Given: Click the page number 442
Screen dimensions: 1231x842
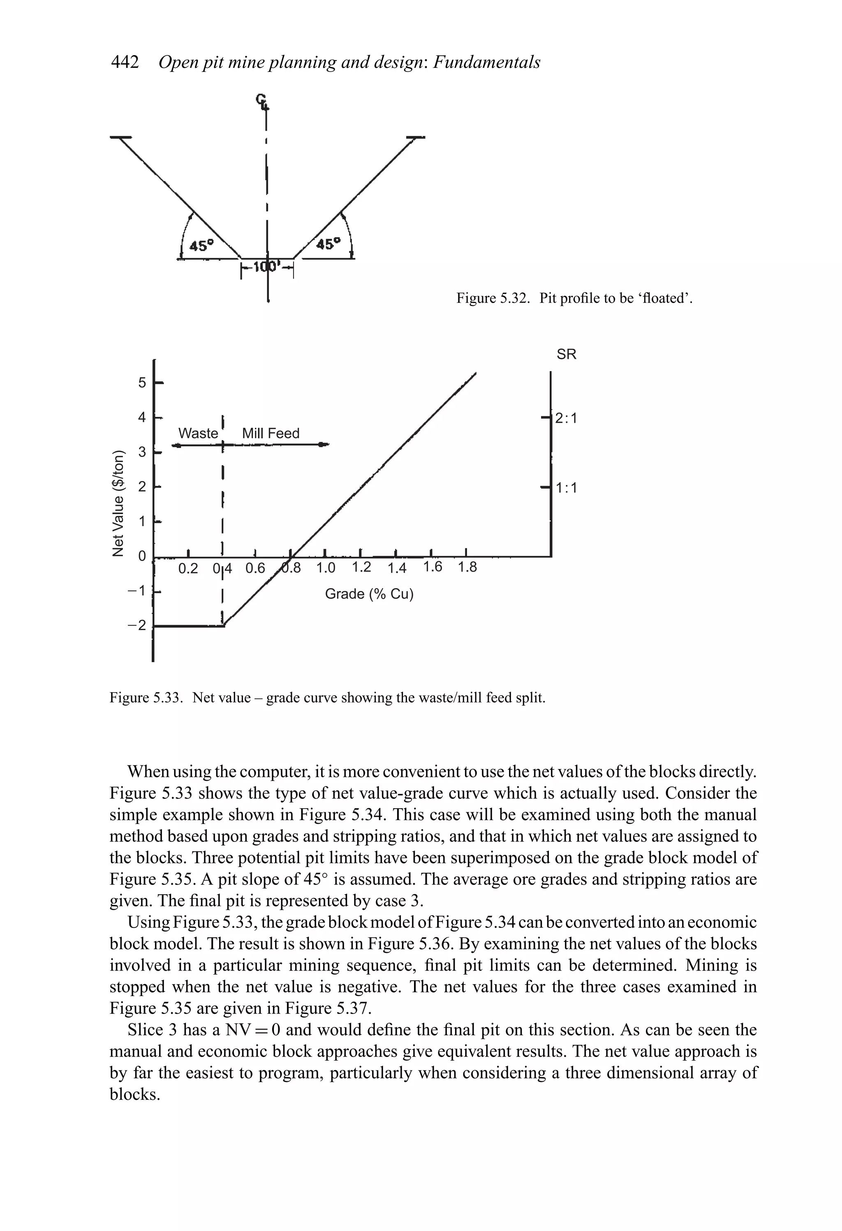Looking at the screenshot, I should coord(125,63).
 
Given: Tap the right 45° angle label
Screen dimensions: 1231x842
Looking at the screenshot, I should coord(329,243).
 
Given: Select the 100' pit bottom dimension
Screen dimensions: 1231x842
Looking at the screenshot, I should coord(267,267).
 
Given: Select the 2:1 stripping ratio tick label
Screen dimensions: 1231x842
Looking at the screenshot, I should coord(566,418).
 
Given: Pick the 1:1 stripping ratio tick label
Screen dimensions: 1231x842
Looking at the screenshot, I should coord(566,487).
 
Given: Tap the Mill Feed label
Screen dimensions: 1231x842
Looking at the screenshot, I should coord(271,433).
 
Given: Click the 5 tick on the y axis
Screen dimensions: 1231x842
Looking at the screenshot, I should coord(142,383).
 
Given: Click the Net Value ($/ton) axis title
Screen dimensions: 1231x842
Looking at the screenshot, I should coord(120,503).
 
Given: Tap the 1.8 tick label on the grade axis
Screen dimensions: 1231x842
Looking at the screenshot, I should coord(467,568).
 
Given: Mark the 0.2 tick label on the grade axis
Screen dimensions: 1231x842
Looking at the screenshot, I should coord(188,569).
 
